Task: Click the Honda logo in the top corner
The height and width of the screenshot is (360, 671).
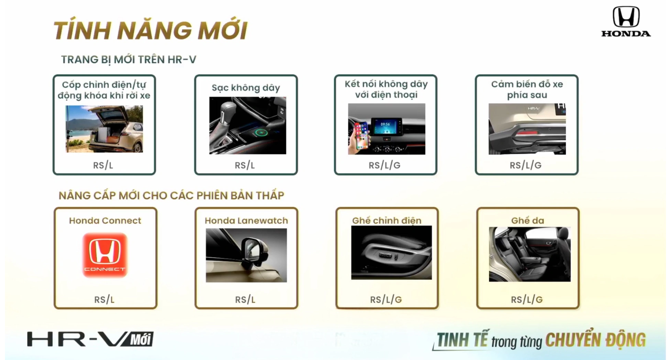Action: click(x=626, y=22)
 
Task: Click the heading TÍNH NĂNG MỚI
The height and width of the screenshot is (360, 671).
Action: click(x=150, y=30)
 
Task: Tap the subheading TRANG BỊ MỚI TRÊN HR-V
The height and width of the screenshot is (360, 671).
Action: click(x=128, y=60)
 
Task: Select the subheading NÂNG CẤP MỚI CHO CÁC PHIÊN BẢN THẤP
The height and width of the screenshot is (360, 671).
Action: click(x=171, y=196)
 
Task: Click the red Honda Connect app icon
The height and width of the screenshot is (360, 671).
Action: click(x=105, y=255)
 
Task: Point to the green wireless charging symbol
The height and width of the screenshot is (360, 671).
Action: click(x=261, y=133)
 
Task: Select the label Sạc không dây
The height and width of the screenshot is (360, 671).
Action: click(x=246, y=88)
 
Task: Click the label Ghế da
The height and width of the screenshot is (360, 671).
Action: click(x=527, y=220)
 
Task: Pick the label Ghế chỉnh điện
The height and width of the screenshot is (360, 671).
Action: click(x=387, y=220)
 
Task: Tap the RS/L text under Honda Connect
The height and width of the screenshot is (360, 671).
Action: click(x=104, y=300)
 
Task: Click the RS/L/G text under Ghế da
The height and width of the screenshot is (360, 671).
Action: click(x=527, y=300)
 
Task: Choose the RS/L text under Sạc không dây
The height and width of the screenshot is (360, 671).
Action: click(x=245, y=166)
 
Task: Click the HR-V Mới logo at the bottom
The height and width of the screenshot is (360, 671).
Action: click(x=90, y=339)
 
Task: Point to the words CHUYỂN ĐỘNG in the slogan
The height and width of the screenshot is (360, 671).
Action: click(x=595, y=340)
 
